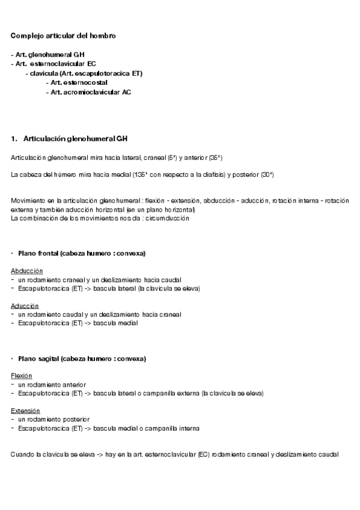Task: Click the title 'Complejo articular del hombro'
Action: pyautogui.click(x=63, y=36)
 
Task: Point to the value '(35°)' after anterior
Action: pyautogui.click(x=215, y=158)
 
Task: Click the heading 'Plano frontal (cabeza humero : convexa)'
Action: pyautogui.click(x=82, y=253)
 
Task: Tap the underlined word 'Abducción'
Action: pyautogui.click(x=26, y=271)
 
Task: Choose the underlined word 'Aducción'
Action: pyautogui.click(x=25, y=306)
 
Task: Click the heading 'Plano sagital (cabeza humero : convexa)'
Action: pyautogui.click(x=82, y=358)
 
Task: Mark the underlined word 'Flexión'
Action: pyautogui.click(x=21, y=375)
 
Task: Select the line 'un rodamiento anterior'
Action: pyautogui.click(x=52, y=384)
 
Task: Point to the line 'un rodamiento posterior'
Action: pyautogui.click(x=53, y=419)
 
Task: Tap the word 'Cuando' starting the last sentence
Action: pyautogui.click(x=22, y=455)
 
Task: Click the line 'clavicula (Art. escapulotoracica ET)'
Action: pyautogui.click(x=87, y=73)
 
